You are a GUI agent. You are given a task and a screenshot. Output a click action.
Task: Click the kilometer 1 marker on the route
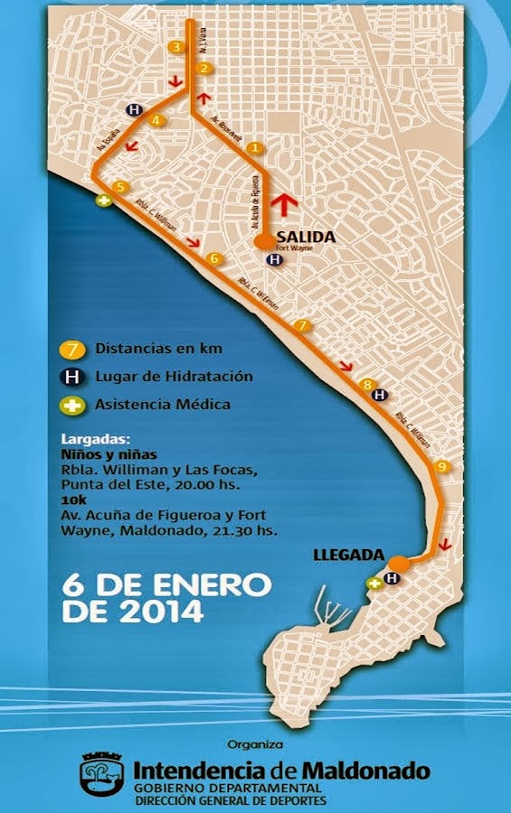(x=256, y=147)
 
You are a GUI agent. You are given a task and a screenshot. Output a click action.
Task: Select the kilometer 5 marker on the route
(x=121, y=187)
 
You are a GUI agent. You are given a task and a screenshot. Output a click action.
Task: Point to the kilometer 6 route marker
(x=214, y=259)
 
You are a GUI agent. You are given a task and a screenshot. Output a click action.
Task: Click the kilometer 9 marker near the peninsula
(x=441, y=466)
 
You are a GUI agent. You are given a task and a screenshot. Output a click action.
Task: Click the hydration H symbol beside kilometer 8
(x=381, y=395)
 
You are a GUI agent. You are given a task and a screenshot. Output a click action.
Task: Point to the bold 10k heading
(x=74, y=498)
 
